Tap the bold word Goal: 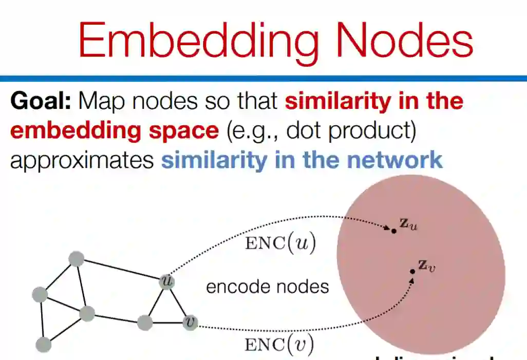[41, 101]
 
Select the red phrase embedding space [114, 130]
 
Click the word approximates [82, 160]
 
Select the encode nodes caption [267, 286]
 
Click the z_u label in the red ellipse [408, 224]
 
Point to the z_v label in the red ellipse [427, 266]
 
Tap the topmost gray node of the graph [76, 259]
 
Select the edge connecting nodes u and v [178, 302]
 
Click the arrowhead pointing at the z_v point [413, 279]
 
